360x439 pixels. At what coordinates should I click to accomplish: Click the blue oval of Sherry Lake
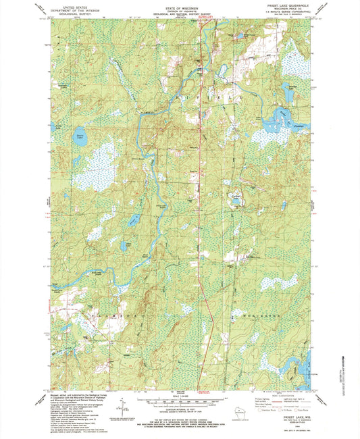click(x=80, y=133)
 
